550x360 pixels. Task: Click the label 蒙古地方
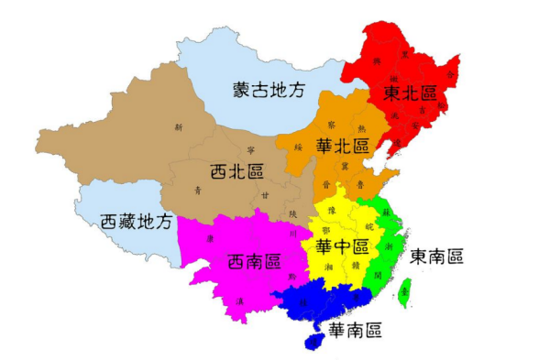(x=267, y=89)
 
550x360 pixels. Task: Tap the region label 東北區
(x=409, y=93)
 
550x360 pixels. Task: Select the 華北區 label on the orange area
(x=342, y=145)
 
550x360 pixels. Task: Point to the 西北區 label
(x=237, y=170)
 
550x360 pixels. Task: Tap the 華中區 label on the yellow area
(x=342, y=246)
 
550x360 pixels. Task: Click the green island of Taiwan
(x=404, y=292)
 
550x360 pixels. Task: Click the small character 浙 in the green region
(x=389, y=247)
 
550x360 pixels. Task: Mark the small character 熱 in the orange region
(x=360, y=128)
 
